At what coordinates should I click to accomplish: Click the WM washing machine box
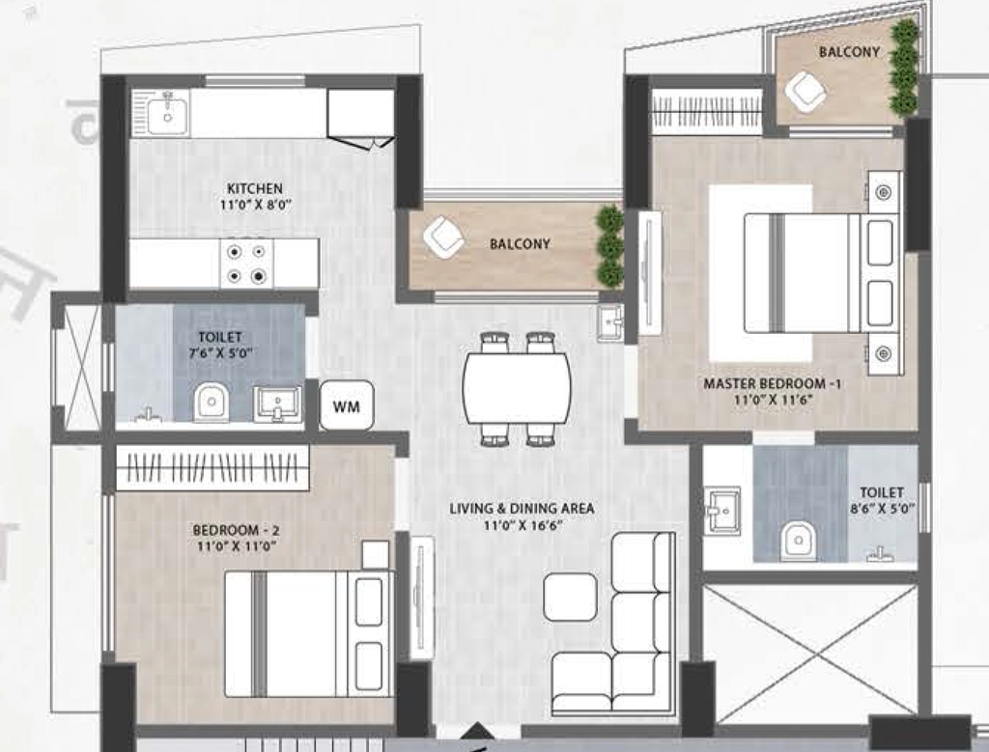[x=347, y=405]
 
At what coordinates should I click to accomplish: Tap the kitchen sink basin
[x=167, y=115]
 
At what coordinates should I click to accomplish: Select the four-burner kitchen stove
[x=246, y=264]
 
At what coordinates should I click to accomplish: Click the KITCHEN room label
[x=255, y=188]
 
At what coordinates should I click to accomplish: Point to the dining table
[x=518, y=388]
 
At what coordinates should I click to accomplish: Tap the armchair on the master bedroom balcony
[x=805, y=92]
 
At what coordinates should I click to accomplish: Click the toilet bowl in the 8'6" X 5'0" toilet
[x=798, y=541]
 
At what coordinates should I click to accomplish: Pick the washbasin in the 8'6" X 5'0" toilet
[x=722, y=510]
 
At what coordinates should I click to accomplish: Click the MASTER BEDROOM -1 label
[x=772, y=383]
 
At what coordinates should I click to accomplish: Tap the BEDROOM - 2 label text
[x=236, y=530]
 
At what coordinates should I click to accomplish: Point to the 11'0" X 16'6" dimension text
[x=523, y=524]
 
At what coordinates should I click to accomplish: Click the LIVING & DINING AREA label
[x=522, y=508]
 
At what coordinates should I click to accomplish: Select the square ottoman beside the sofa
[x=570, y=597]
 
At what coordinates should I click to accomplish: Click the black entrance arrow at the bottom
[x=477, y=730]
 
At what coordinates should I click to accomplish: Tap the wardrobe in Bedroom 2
[x=212, y=468]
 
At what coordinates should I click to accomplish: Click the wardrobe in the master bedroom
[x=706, y=111]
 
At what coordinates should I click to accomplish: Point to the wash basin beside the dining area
[x=610, y=322]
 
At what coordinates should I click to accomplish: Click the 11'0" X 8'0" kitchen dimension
[x=255, y=205]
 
